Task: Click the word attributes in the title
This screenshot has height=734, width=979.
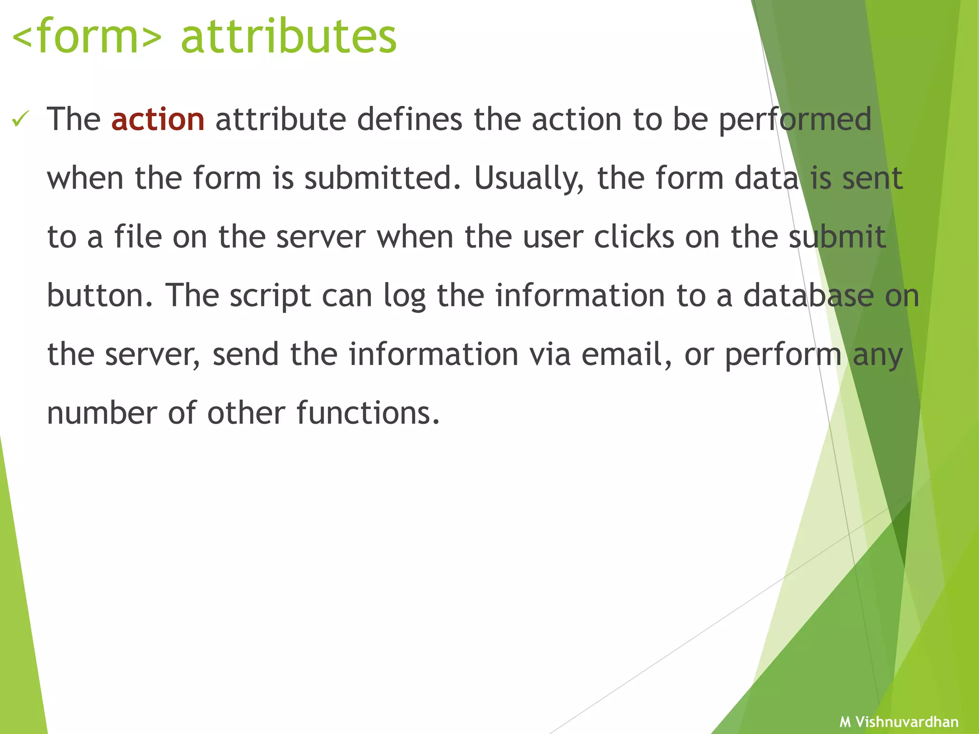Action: (289, 37)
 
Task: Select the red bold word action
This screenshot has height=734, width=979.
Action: (158, 119)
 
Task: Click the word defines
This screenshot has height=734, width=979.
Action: (410, 119)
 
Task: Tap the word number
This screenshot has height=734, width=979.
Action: (102, 413)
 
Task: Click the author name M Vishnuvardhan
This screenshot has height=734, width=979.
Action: (899, 722)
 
